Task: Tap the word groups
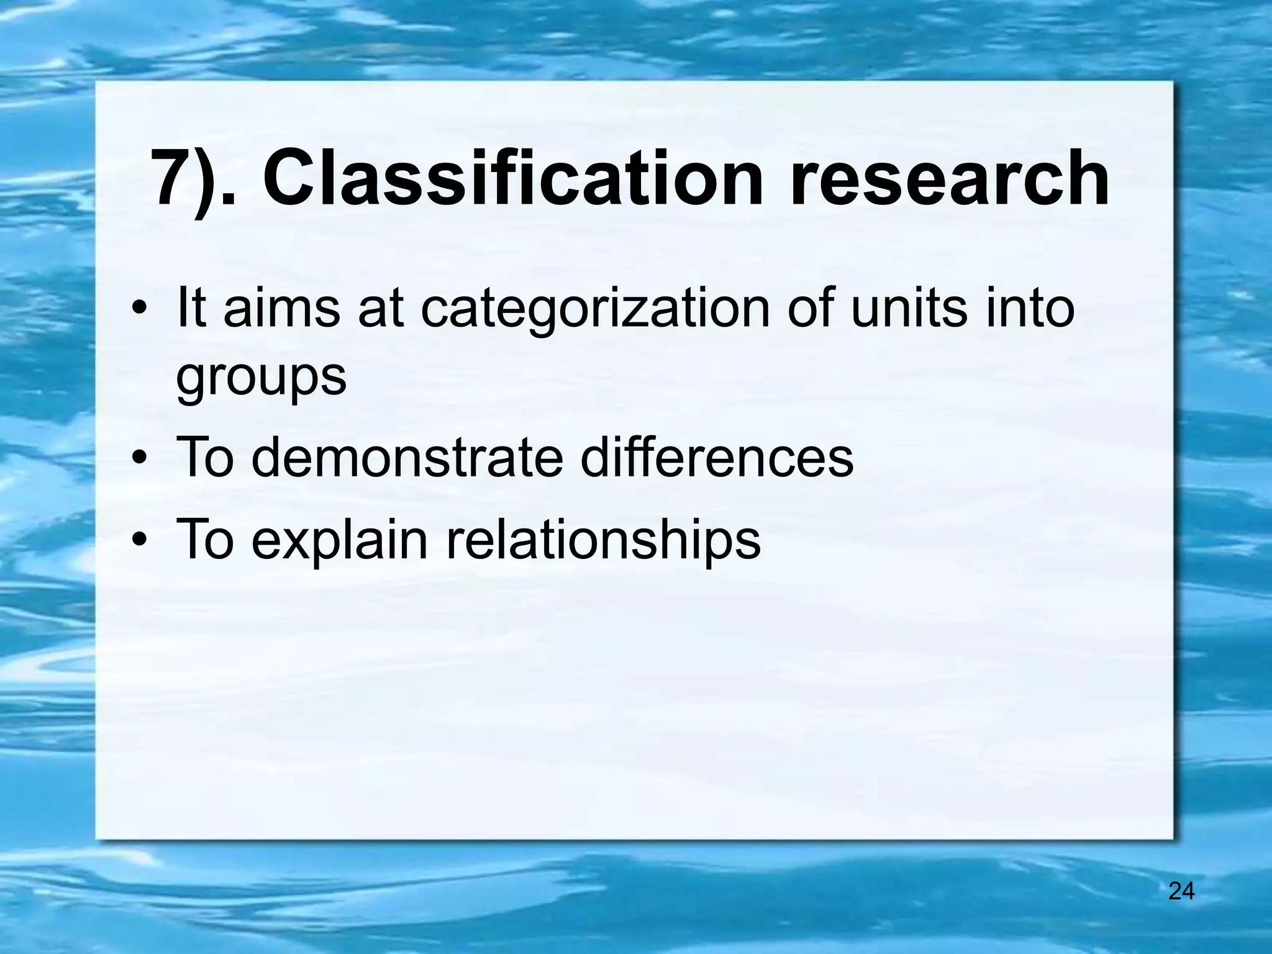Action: click(261, 377)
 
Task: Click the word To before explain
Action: click(205, 540)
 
